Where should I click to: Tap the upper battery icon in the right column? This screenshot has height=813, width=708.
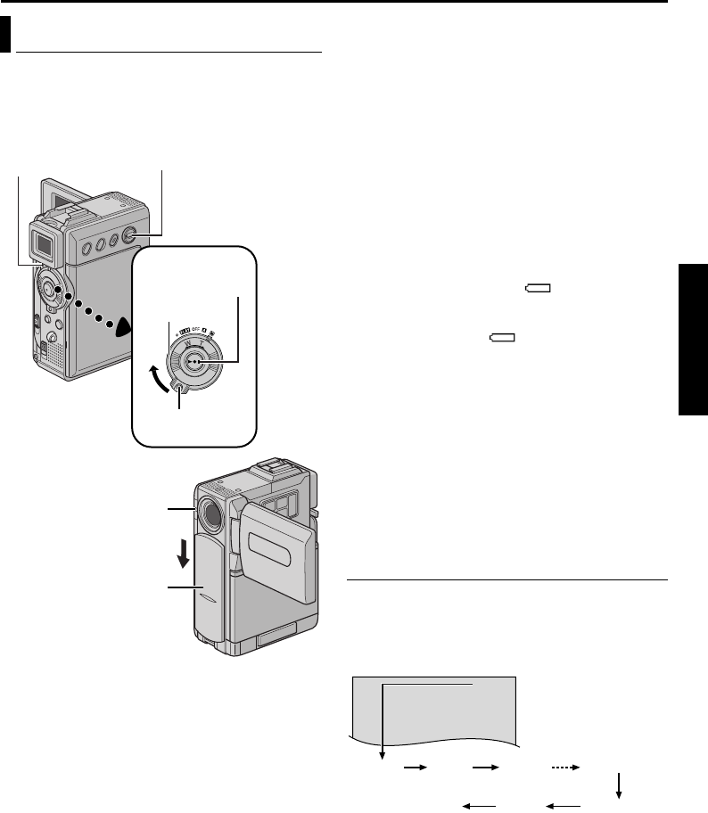click(x=539, y=288)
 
